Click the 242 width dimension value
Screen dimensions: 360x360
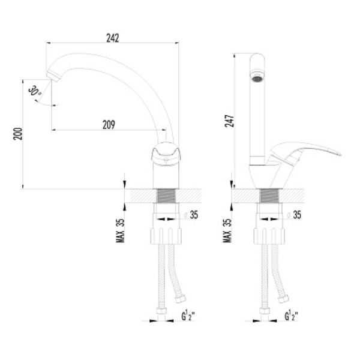tap(113, 38)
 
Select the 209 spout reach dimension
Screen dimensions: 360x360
tap(109, 125)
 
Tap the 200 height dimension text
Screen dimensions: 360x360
tap(18, 134)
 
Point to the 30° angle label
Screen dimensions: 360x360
tap(35, 91)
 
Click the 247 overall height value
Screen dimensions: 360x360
tap(229, 121)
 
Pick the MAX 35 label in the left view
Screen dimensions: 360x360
tap(120, 230)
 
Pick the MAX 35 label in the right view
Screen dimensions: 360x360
tap(227, 230)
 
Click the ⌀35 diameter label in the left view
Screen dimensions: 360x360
tap(191, 215)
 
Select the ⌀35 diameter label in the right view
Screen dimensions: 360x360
tap(295, 215)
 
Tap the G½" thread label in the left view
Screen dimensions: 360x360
tap(188, 316)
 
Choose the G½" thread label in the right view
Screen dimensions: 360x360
tap(292, 316)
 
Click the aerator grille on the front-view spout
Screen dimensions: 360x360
tap(257, 79)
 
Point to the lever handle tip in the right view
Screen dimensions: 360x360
tap(340, 154)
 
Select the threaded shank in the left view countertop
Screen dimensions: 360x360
tap(166, 196)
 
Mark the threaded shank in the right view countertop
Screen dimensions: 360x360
tap(269, 196)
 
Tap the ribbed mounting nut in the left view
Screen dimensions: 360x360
tap(166, 236)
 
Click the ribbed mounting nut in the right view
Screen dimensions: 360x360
tap(269, 236)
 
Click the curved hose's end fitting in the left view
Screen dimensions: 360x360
tap(180, 298)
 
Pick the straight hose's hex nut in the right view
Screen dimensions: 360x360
tap(265, 311)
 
